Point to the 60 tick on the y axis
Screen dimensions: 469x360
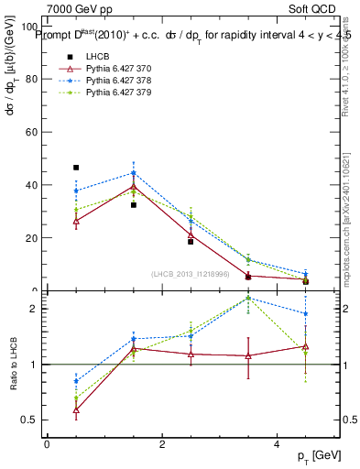click(32, 132)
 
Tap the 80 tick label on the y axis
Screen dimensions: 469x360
click(32, 79)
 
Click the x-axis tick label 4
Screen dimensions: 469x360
click(276, 444)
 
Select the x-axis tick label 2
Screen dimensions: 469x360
click(161, 444)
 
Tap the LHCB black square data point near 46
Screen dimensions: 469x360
click(76, 168)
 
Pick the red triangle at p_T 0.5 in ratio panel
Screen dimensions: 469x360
click(76, 409)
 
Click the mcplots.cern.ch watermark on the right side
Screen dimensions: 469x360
click(346, 220)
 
